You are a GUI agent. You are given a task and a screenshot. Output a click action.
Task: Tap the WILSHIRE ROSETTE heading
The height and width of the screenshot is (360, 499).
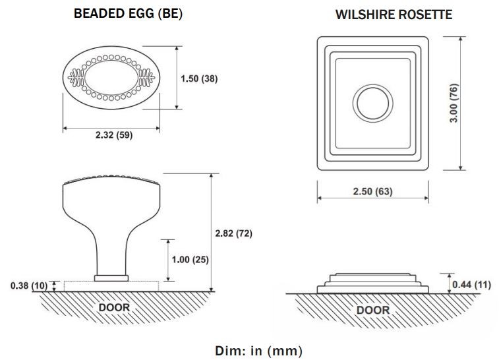click(x=394, y=15)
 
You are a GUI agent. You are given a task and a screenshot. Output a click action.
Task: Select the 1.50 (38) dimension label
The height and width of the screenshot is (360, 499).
click(x=199, y=78)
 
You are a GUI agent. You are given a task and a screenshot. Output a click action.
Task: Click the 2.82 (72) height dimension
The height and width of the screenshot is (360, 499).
click(x=234, y=233)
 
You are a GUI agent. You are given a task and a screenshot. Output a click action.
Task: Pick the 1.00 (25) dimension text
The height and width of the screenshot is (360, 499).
click(x=190, y=259)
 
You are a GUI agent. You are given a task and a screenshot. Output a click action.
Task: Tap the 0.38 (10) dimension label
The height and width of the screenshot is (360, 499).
click(x=27, y=285)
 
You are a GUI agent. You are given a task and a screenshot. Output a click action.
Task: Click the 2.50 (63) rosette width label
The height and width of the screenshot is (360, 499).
click(x=374, y=191)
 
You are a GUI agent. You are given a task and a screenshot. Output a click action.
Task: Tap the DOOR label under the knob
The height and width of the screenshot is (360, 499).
click(x=114, y=307)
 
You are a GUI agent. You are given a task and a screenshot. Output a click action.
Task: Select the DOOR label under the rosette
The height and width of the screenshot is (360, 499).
click(x=373, y=309)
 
